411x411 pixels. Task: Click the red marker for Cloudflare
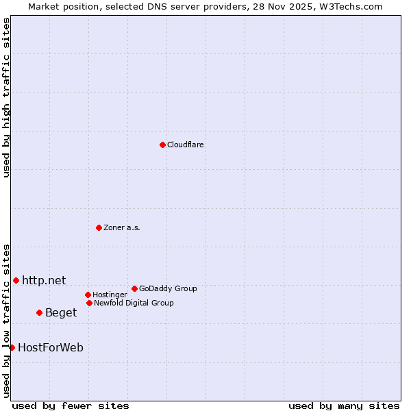(x=162, y=145)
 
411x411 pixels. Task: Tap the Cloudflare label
(x=186, y=145)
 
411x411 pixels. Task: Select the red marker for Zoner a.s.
(x=99, y=227)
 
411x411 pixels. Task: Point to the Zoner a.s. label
(x=122, y=227)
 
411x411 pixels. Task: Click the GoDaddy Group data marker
(x=134, y=288)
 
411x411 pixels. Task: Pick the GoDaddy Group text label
(x=168, y=288)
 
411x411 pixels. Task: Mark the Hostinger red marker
(x=88, y=295)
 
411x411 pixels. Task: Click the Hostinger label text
(x=110, y=295)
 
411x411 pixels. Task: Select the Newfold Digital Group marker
(x=89, y=303)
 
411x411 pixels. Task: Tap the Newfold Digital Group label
(x=134, y=303)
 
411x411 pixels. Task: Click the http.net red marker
(x=16, y=280)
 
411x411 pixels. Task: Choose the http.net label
(x=44, y=280)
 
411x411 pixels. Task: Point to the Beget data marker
(x=39, y=312)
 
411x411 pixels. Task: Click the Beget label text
(x=61, y=312)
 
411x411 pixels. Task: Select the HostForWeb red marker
(x=12, y=347)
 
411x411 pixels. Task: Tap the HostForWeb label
(x=51, y=347)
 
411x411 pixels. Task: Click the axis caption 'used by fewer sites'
(x=71, y=406)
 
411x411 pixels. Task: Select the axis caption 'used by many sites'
(x=344, y=406)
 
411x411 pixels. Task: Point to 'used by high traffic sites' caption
(x=6, y=97)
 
